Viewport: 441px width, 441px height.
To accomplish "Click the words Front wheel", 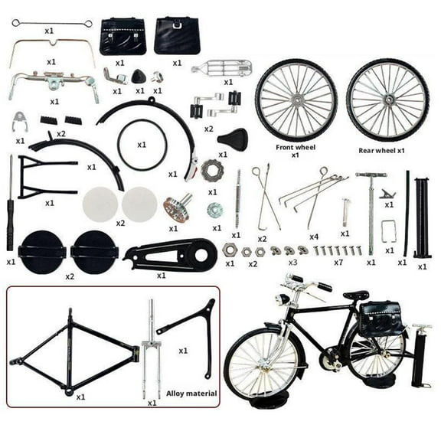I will click(x=296, y=146).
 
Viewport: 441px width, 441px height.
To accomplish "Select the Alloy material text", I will click(x=191, y=394).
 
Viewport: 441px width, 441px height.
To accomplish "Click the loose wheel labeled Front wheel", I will click(x=296, y=99).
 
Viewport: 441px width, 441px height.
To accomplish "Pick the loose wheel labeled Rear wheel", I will click(x=387, y=100).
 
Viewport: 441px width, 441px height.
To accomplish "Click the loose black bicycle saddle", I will click(x=233, y=139).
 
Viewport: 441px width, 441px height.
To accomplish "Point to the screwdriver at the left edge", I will click(x=11, y=203).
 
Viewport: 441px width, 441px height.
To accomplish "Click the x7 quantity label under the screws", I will click(x=338, y=263).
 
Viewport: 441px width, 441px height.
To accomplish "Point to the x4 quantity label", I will click(x=313, y=237).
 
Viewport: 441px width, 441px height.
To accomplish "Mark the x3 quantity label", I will click(x=292, y=263).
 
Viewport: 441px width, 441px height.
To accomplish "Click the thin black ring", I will click(x=142, y=145).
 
